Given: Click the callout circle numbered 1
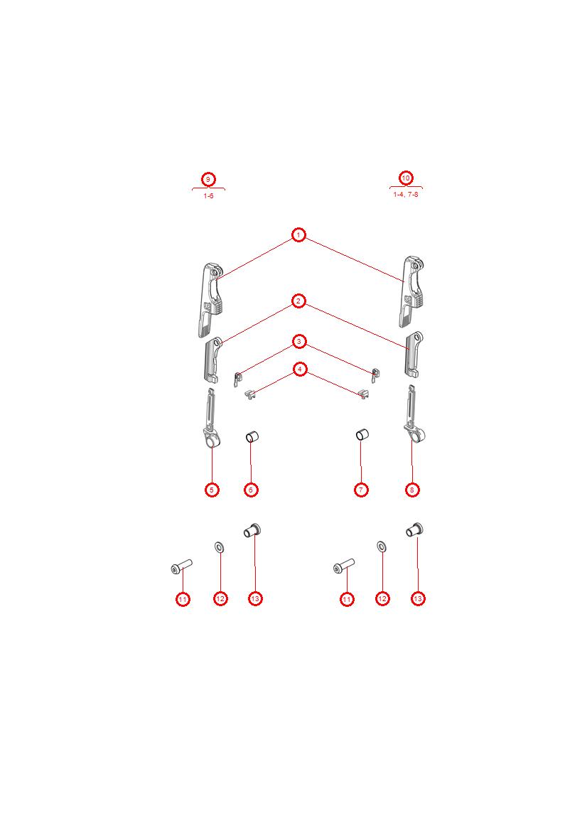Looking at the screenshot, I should click(298, 235).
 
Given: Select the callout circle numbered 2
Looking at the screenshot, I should click(298, 301).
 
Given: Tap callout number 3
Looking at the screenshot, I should click(299, 342).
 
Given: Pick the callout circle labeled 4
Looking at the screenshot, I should click(300, 369).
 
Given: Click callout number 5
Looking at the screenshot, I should click(212, 490).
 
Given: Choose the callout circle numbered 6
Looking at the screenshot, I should click(250, 490).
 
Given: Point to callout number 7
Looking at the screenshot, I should click(361, 490).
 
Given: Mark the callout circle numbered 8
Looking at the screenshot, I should click(412, 490).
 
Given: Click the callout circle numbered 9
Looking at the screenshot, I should click(208, 179).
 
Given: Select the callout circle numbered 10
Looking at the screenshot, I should click(406, 178).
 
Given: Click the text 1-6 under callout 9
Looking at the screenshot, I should click(208, 195).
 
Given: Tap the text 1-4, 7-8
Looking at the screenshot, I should click(406, 194).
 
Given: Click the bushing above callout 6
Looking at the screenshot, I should click(251, 436).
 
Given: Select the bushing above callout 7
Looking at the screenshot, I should click(361, 434).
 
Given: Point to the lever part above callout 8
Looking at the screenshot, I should click(412, 419).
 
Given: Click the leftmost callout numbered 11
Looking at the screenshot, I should click(183, 599).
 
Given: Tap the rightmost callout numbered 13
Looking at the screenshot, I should click(418, 598).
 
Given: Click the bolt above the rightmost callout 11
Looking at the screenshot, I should click(343, 566).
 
